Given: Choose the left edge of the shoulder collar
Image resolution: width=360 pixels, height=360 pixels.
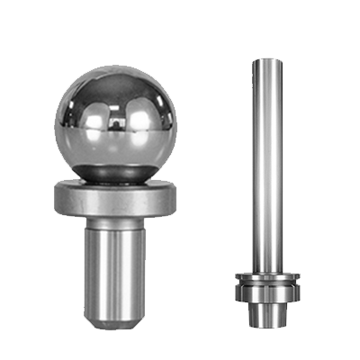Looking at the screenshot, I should click(58, 201).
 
